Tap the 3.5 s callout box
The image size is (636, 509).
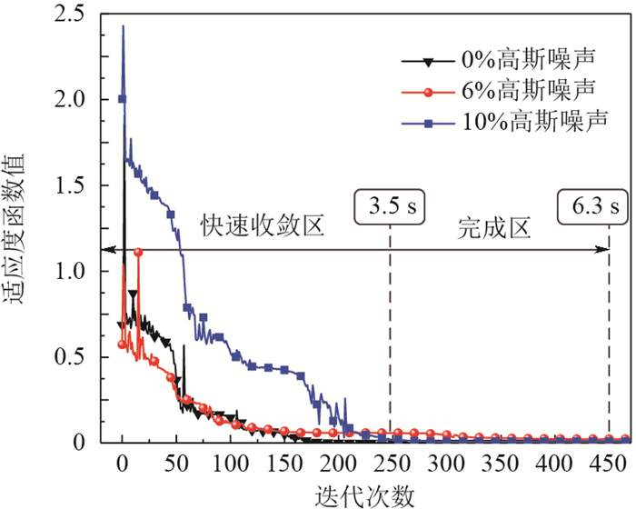click(x=390, y=206)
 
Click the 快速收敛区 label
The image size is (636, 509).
click(x=262, y=225)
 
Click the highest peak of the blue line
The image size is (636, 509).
click(x=124, y=26)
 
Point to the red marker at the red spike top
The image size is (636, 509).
click(x=138, y=252)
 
